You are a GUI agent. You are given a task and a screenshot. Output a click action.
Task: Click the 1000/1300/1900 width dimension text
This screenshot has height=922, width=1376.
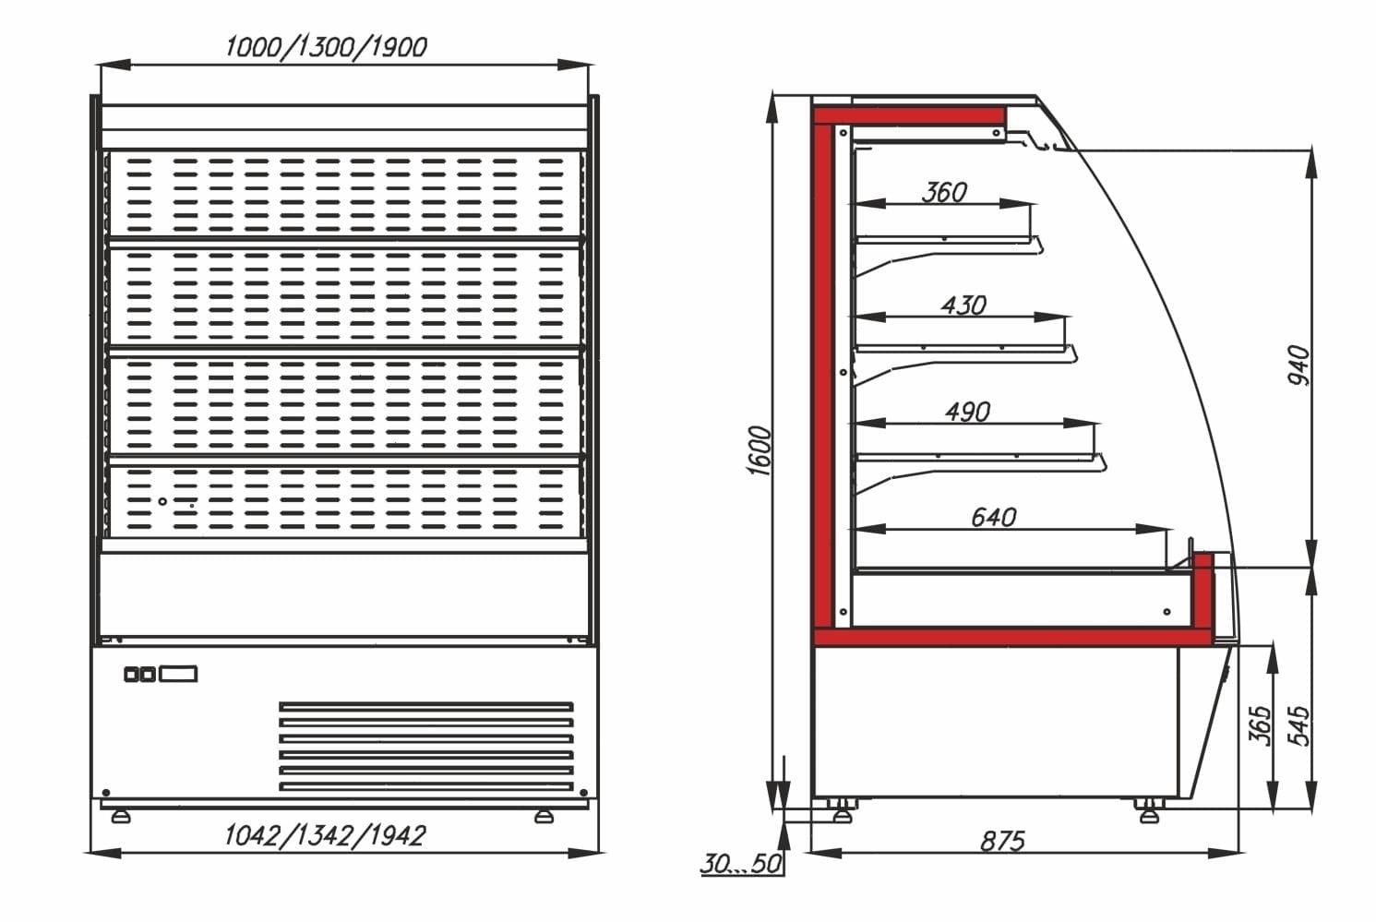click(326, 47)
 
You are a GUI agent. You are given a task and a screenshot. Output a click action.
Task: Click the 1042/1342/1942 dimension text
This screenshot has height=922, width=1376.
click(325, 835)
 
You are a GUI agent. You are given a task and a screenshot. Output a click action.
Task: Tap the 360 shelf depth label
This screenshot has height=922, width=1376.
click(944, 192)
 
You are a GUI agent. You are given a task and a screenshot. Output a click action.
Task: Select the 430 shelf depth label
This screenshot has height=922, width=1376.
click(963, 305)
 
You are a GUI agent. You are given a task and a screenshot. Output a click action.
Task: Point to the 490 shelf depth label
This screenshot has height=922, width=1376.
click(967, 413)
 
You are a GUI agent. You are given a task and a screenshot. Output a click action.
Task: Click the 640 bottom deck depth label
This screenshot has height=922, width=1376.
click(993, 517)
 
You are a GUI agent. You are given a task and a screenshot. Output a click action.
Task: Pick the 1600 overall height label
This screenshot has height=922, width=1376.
click(760, 450)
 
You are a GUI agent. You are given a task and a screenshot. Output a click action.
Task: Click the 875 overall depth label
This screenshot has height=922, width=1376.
click(1002, 842)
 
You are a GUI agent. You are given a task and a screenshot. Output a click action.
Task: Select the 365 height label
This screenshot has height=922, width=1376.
click(1261, 725)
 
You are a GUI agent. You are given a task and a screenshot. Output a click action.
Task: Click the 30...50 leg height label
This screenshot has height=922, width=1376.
click(741, 864)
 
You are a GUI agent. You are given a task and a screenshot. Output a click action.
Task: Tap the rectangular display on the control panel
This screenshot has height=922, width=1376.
click(178, 674)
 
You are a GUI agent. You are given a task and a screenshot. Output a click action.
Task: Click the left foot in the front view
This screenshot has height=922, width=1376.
click(120, 817)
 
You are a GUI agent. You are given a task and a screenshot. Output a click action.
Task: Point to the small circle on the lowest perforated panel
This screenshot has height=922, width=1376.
click(162, 501)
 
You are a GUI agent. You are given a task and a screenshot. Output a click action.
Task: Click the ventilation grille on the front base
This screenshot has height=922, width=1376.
click(426, 747)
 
